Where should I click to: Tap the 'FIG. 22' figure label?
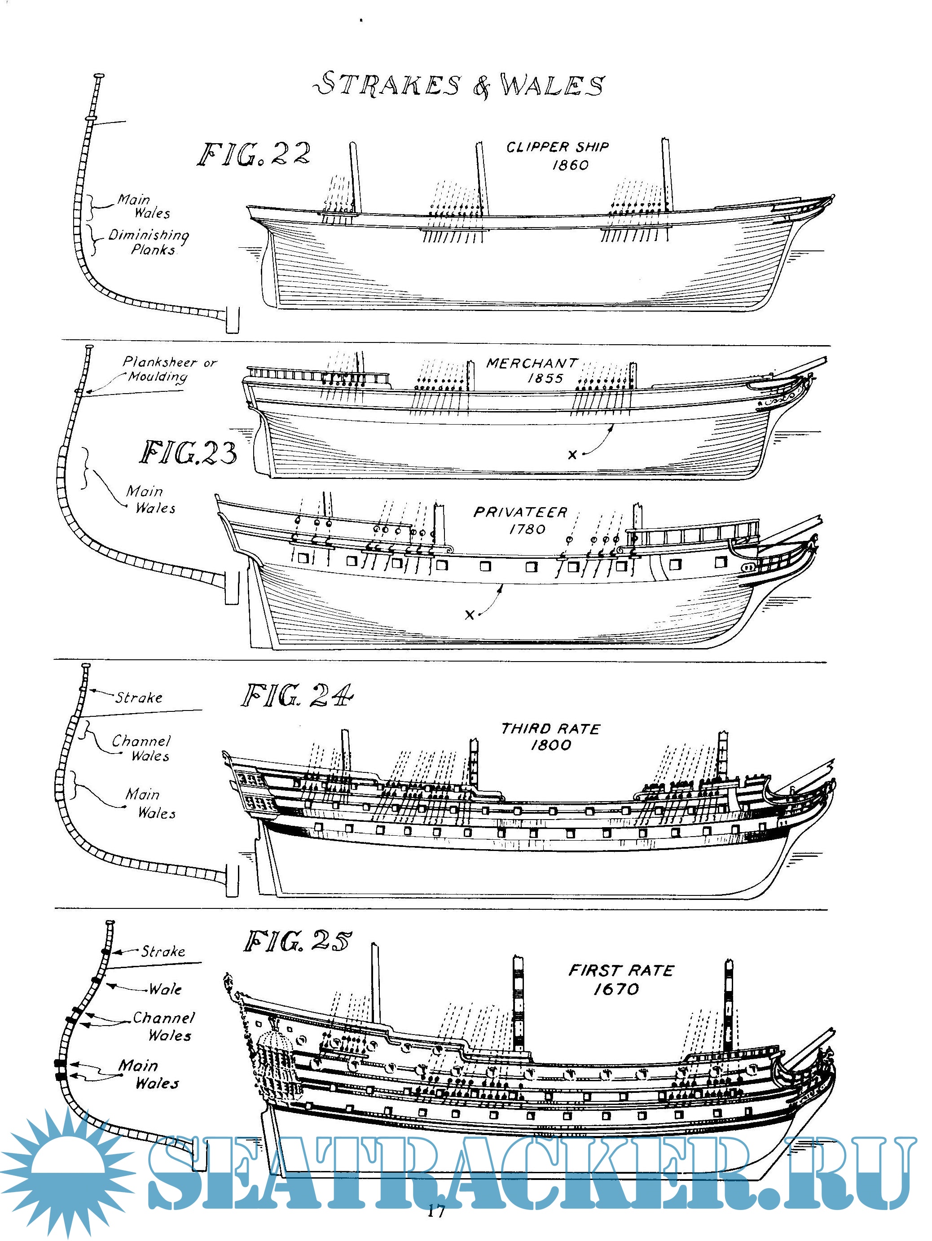click(254, 154)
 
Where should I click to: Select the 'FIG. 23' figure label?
click(188, 453)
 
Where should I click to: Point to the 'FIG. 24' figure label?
click(297, 696)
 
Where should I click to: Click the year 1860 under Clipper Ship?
click(570, 165)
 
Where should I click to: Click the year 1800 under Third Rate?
click(550, 745)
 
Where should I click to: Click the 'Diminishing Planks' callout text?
click(149, 242)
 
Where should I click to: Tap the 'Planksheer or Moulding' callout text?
click(168, 369)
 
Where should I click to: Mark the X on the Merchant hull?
click(572, 455)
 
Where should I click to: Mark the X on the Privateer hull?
click(470, 615)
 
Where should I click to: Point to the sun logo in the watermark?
click(67, 1170)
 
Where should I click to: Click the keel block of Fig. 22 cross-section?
click(232, 320)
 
